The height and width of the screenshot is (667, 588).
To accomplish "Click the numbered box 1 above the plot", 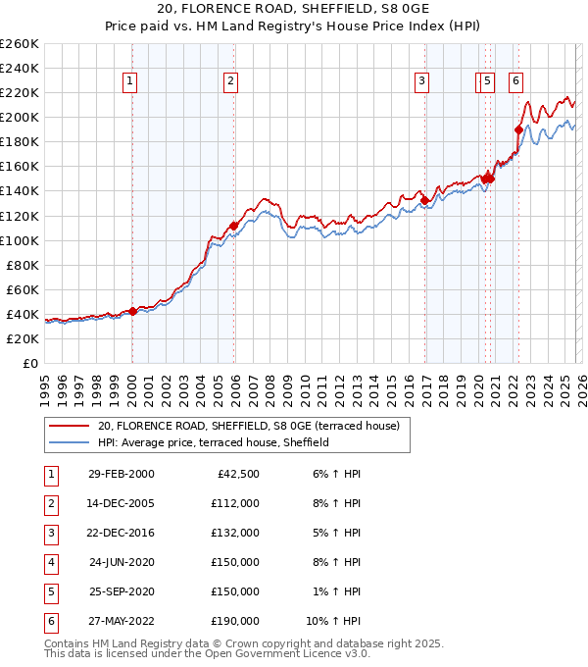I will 130,81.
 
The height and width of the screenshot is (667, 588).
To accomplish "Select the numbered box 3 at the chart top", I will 421,81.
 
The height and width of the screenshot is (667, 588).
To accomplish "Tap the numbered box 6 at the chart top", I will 515,81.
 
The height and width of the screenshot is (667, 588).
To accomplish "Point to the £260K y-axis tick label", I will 20,44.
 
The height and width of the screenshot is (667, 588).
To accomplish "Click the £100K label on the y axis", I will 20,240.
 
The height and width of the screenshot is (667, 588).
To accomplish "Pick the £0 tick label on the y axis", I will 30,363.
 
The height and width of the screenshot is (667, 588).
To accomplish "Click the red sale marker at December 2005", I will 234,226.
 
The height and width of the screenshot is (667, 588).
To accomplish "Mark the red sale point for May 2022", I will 518,128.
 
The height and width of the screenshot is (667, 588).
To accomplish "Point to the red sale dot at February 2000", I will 133,311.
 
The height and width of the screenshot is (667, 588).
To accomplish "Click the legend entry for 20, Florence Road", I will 248,426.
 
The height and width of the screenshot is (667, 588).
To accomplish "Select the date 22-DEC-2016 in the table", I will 121,533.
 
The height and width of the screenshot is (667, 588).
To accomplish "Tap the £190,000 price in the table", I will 235,621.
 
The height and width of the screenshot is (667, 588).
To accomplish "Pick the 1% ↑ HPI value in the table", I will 339,591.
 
